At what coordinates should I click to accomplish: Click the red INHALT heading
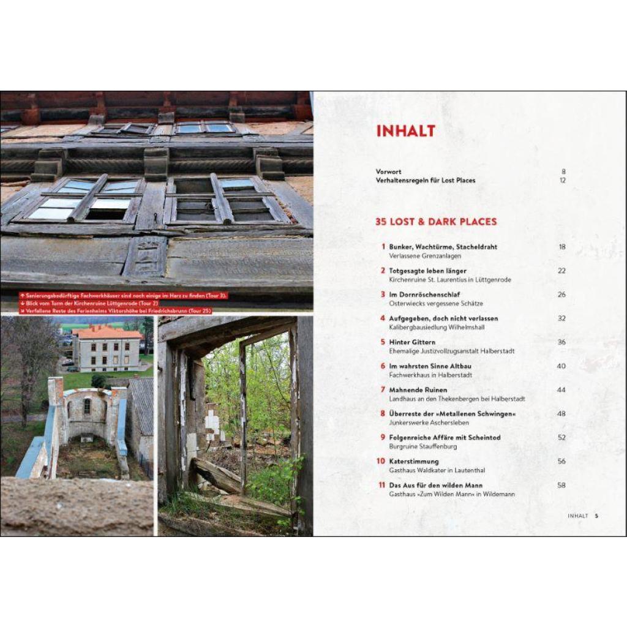[x=405, y=131]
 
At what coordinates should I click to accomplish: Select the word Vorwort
[x=389, y=171]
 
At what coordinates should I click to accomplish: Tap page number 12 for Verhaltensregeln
[x=562, y=181]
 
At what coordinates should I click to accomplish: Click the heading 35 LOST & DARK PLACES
[x=436, y=222]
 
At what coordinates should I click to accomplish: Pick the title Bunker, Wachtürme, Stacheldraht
[x=443, y=247]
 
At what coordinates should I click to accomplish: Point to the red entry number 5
[x=383, y=342]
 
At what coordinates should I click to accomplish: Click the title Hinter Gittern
[x=412, y=342]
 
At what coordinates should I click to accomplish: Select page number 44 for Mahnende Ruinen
[x=561, y=390]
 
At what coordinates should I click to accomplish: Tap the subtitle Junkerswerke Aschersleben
[x=429, y=422]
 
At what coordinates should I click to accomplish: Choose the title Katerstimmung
[x=414, y=462]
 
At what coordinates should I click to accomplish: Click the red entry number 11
[x=381, y=485]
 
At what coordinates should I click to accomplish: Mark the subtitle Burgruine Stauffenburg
[x=422, y=446]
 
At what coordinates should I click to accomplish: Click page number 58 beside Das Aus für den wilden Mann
[x=561, y=485]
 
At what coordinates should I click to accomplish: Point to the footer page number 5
[x=596, y=516]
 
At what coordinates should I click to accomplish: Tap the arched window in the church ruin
[x=87, y=407]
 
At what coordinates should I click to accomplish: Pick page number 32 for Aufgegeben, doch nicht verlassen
[x=561, y=318]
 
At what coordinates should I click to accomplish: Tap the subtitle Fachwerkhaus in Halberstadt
[x=430, y=375]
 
